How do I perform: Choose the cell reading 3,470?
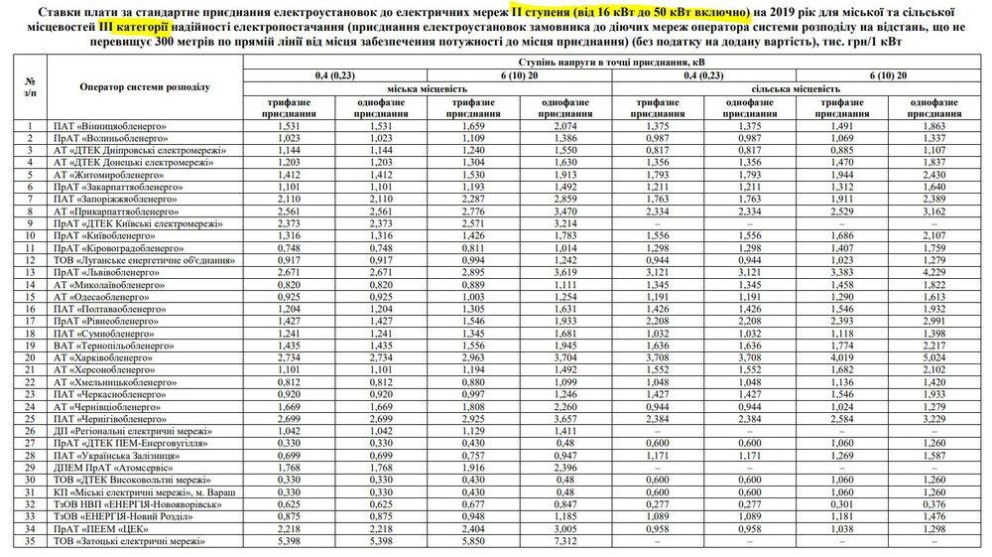[x=561, y=211]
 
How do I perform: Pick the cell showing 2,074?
[x=561, y=127]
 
